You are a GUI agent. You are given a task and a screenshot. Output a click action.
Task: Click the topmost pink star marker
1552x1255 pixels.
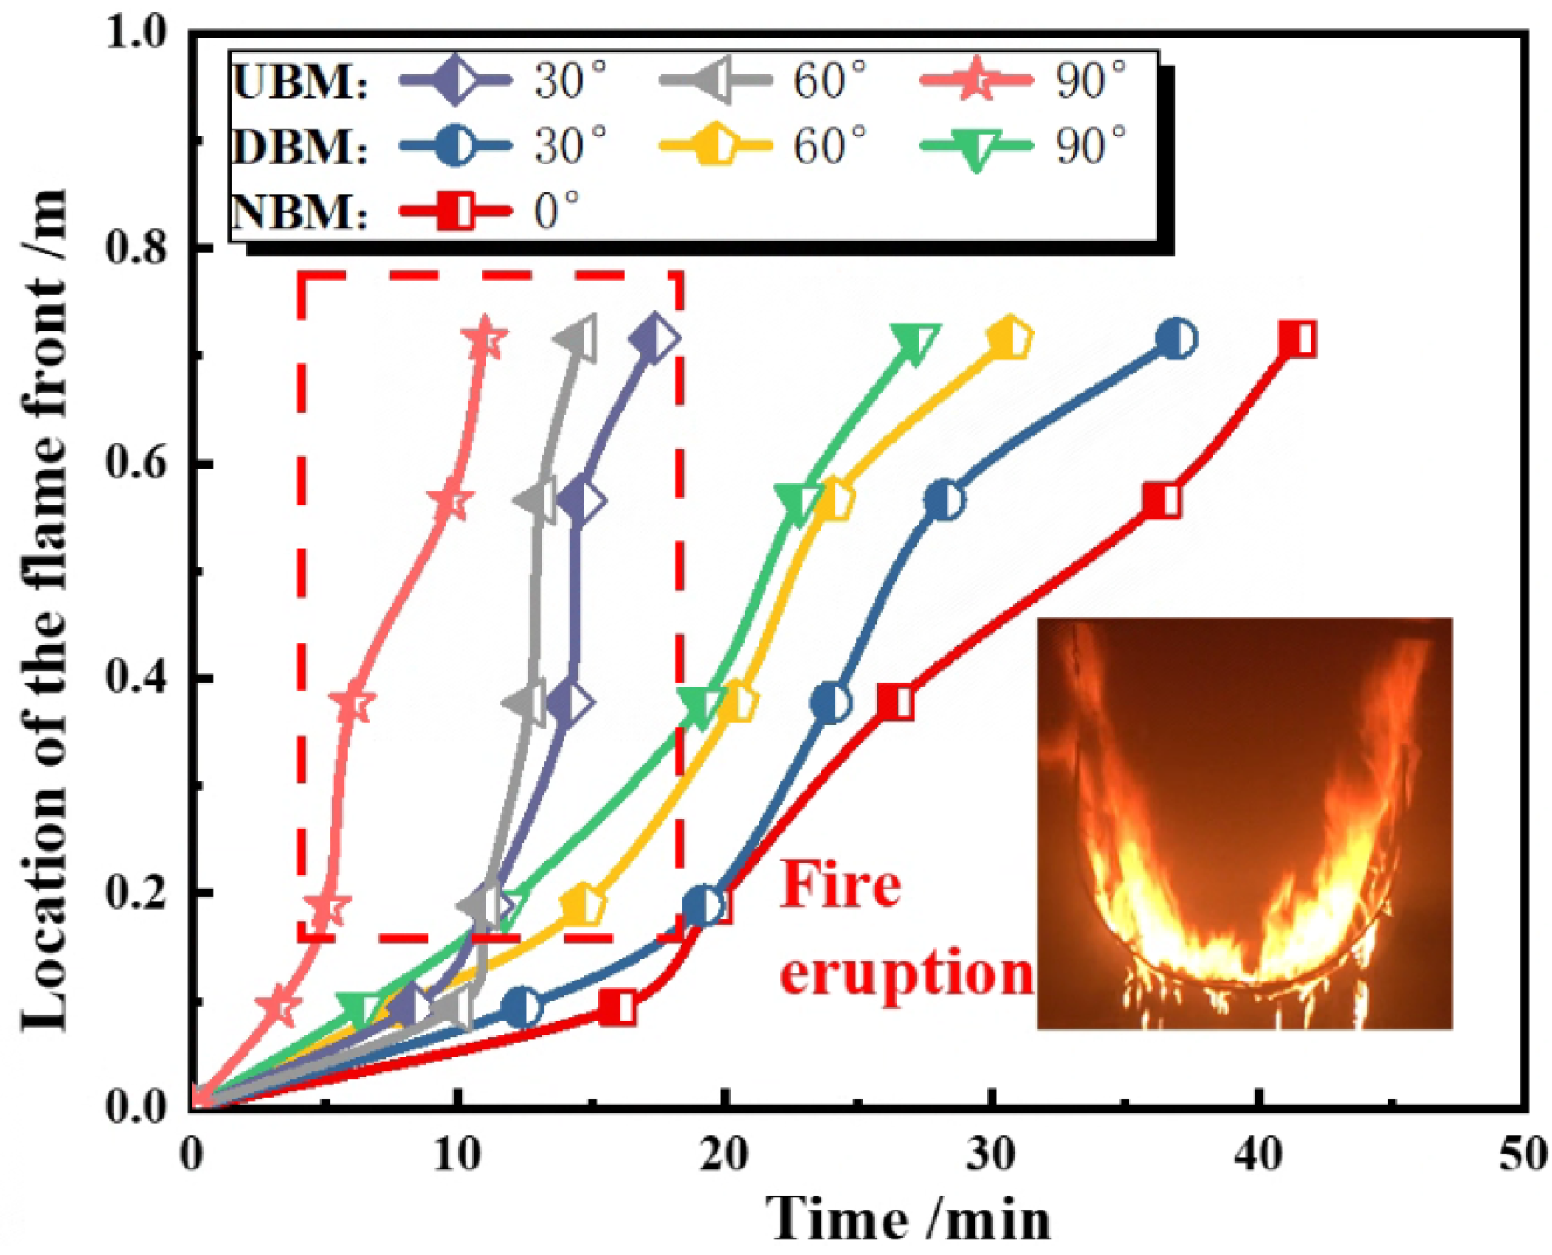[x=483, y=340]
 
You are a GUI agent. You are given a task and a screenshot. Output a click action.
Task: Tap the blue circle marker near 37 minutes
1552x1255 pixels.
[x=1177, y=338]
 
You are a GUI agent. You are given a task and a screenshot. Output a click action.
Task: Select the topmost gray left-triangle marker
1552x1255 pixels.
[x=578, y=339]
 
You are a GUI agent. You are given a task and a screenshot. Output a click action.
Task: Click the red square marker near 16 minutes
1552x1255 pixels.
[x=618, y=1007]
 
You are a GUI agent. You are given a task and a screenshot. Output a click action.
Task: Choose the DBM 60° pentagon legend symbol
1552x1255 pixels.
[x=715, y=145]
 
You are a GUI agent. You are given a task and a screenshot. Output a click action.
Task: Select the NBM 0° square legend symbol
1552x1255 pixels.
[x=455, y=211]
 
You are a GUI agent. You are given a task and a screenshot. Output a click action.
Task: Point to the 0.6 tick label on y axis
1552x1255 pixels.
[x=137, y=464]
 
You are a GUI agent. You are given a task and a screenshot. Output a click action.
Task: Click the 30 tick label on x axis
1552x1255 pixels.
[x=991, y=1155]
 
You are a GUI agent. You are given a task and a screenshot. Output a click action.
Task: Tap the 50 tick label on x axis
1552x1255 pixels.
[x=1523, y=1155]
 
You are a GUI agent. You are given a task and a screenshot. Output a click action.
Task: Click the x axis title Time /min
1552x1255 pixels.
[x=910, y=1218]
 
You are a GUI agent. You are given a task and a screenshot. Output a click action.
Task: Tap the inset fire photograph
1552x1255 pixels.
[x=1244, y=823]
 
